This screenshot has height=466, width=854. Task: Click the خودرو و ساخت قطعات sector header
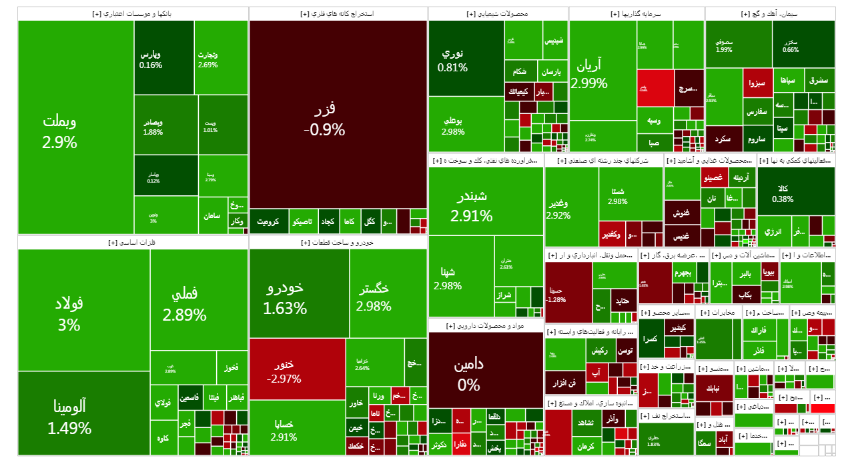[x=338, y=243]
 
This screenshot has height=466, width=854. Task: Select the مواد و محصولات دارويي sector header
[x=485, y=326]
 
